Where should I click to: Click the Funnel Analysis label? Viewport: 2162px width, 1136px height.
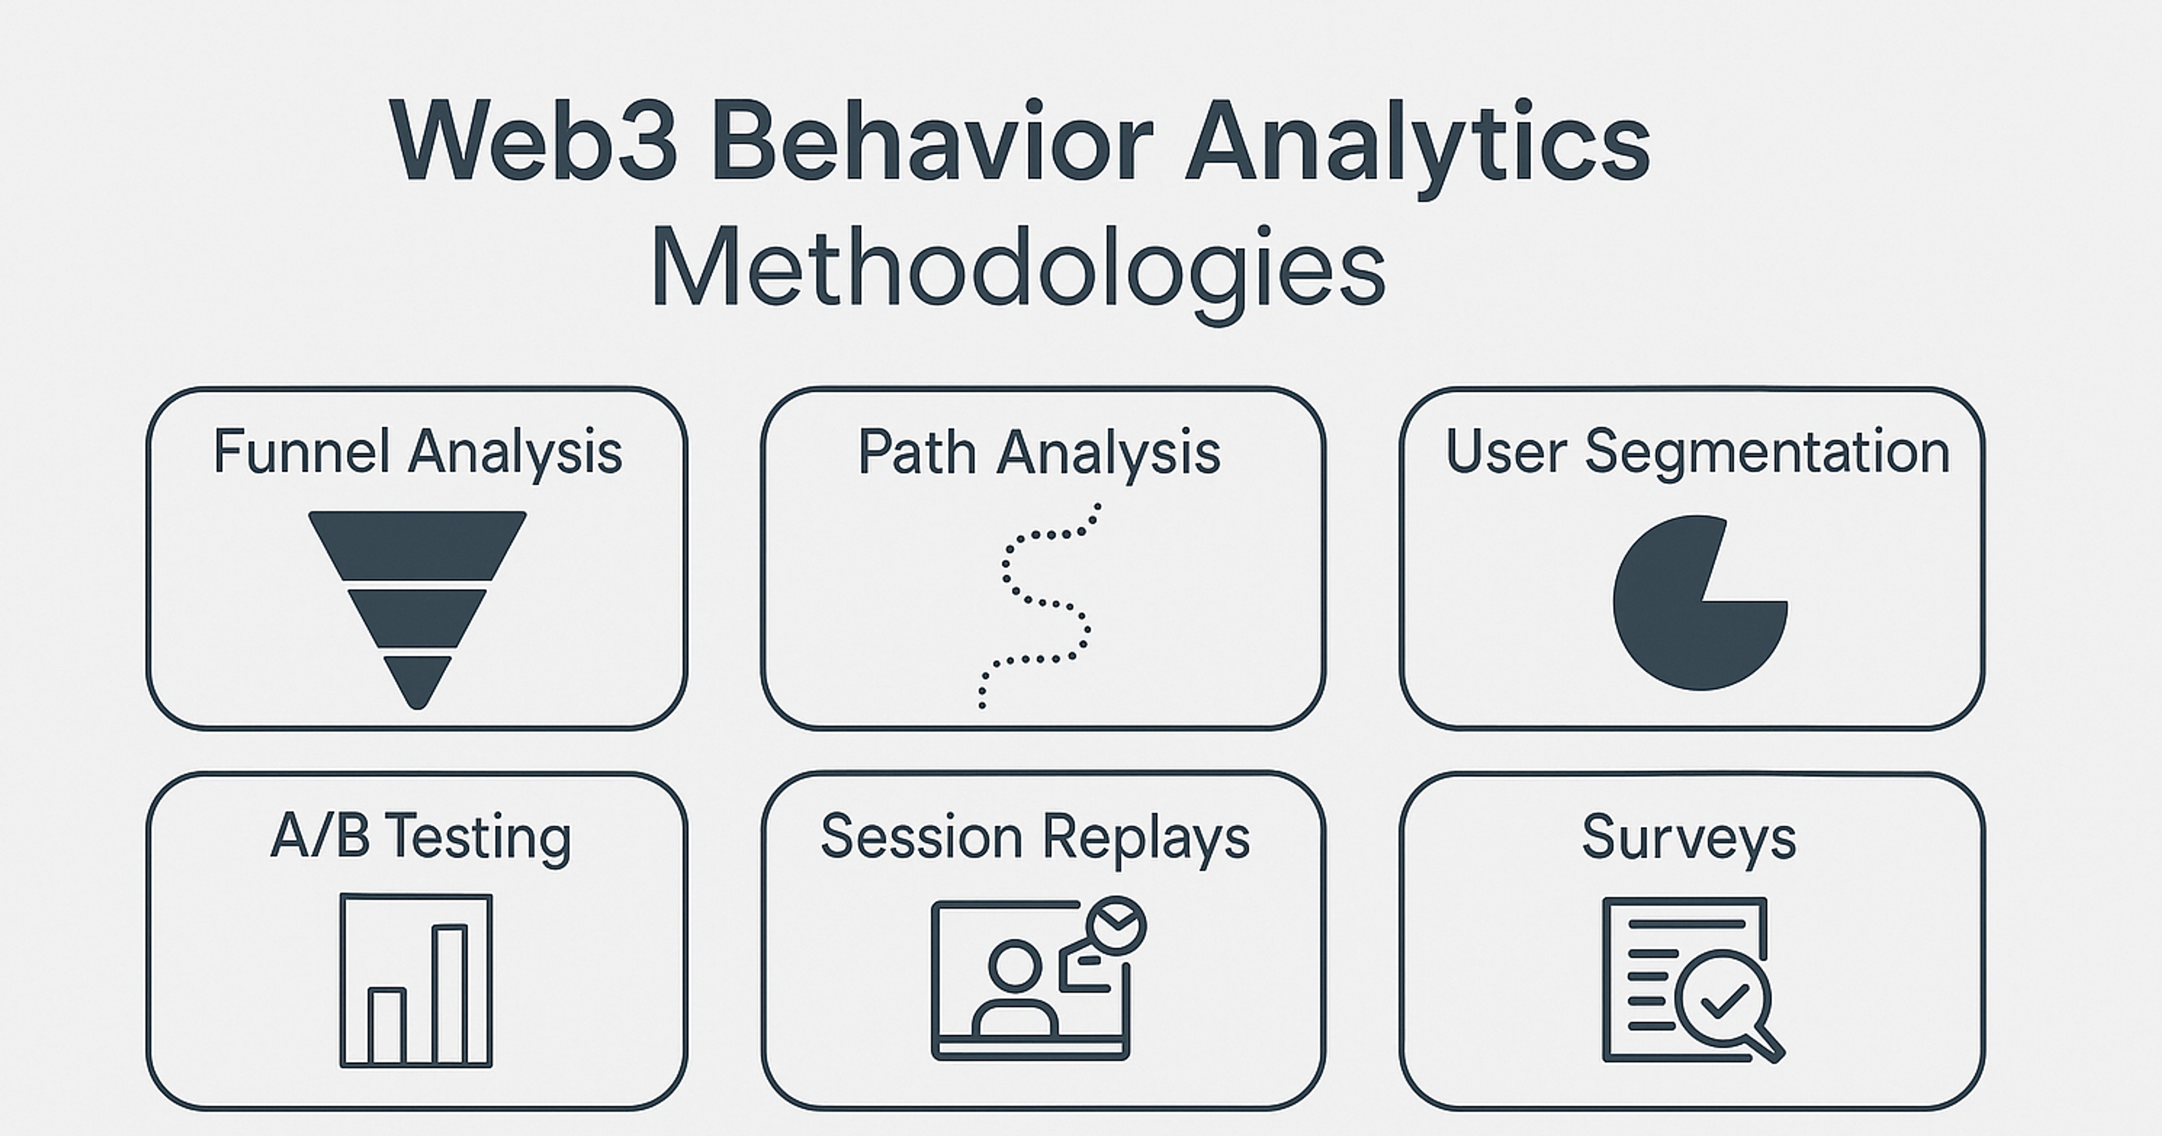[417, 453]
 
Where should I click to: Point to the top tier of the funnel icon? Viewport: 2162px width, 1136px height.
[417, 544]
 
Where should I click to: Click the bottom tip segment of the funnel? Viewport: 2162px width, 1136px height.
[417, 680]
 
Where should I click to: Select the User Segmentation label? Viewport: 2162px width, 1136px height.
[1697, 452]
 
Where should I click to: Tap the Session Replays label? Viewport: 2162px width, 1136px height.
[1035, 837]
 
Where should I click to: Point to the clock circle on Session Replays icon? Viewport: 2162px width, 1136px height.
[1115, 926]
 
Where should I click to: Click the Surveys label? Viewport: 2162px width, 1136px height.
[1688, 837]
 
